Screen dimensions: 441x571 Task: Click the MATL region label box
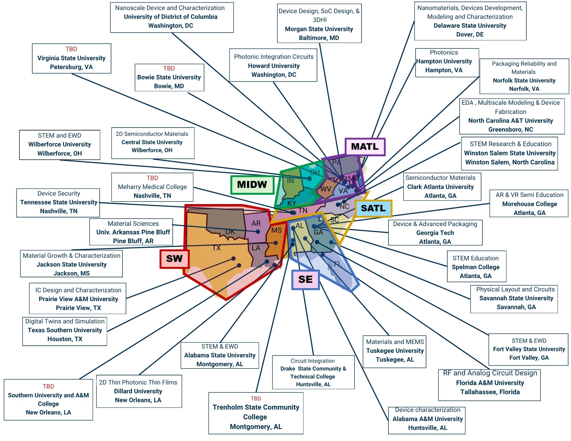tap(365, 147)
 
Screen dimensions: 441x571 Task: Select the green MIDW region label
tap(252, 185)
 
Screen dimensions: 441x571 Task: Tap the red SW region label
tap(174, 259)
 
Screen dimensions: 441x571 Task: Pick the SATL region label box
tap(373, 208)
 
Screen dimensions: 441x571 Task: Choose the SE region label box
tap(305, 279)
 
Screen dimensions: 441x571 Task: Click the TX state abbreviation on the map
tap(217, 248)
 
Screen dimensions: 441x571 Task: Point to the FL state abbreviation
tap(338, 264)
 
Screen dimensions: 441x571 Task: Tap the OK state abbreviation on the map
tap(230, 231)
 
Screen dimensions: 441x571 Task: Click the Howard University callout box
tap(273, 66)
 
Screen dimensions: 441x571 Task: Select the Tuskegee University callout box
tap(394, 351)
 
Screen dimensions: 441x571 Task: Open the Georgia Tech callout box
tap(435, 233)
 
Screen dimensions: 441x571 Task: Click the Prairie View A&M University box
tap(78, 299)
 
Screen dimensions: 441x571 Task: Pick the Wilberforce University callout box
tap(59, 144)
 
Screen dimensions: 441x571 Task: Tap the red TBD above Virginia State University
tap(71, 49)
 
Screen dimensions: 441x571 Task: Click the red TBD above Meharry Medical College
tap(152, 178)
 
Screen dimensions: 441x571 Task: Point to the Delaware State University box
tap(470, 21)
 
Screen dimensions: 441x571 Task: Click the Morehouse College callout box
tap(529, 204)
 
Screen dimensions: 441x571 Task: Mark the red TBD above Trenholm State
tap(256, 398)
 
